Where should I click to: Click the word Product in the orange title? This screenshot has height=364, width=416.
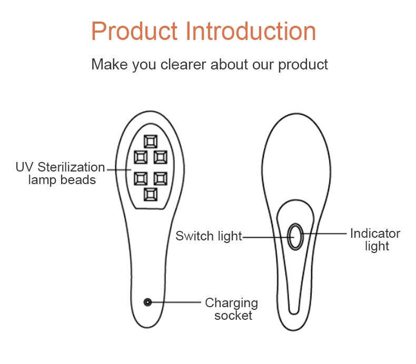pyautogui.click(x=134, y=31)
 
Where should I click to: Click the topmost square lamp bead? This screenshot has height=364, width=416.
pyautogui.click(x=151, y=141)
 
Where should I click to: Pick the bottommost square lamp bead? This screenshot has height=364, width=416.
pyautogui.click(x=151, y=195)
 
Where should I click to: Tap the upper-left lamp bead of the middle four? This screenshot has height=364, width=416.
pyautogui.click(x=141, y=157)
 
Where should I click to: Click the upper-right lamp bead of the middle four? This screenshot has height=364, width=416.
pyautogui.click(x=161, y=157)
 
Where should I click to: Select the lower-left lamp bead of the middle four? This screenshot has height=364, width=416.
pyautogui.click(x=141, y=179)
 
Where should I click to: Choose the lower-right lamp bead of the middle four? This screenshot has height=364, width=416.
pyautogui.click(x=161, y=179)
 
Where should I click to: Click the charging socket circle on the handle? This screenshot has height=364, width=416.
pyautogui.click(x=148, y=302)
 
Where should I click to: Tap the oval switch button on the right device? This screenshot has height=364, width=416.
pyautogui.click(x=295, y=237)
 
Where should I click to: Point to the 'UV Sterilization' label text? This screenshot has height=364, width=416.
pyautogui.click(x=60, y=167)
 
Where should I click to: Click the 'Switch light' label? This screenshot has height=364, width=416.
pyautogui.click(x=209, y=236)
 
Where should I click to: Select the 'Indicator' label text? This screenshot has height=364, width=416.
pyautogui.click(x=375, y=234)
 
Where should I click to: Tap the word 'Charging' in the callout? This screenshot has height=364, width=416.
pyautogui.click(x=231, y=303)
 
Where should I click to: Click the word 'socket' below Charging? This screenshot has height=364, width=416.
pyautogui.click(x=233, y=316)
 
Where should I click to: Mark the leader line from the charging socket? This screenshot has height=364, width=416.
pyautogui.click(x=174, y=302)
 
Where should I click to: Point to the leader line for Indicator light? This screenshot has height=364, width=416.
pyautogui.click(x=324, y=234)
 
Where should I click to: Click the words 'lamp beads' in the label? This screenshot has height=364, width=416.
pyautogui.click(x=62, y=180)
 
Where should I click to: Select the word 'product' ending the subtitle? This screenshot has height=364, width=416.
pyautogui.click(x=303, y=64)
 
